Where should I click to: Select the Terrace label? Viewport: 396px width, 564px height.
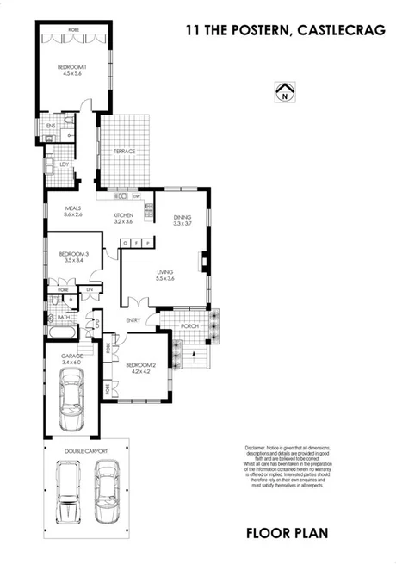tap(125, 152)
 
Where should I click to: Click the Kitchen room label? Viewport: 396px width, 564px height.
tap(123, 215)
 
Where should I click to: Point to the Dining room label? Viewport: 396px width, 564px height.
tap(182, 216)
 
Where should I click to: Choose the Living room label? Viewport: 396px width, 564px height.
tap(164, 273)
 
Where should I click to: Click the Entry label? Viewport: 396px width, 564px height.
tap(133, 321)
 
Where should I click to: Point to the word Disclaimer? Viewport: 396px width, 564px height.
tap(256, 447)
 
